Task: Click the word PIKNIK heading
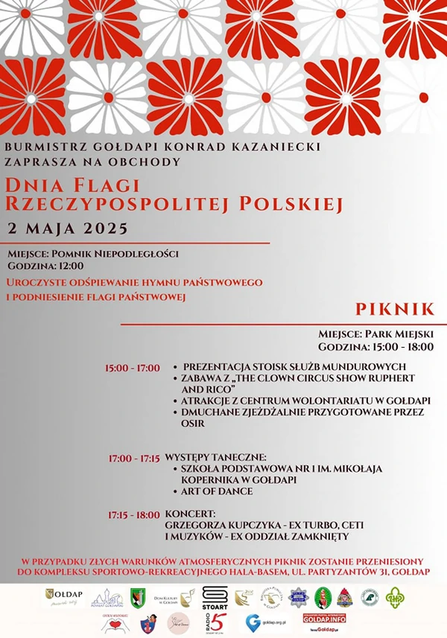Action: pos(395,308)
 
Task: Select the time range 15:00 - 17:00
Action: pos(133,368)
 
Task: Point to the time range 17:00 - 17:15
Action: pos(134,458)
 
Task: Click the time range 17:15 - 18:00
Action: pos(133,514)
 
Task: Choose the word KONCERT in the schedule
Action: pos(190,514)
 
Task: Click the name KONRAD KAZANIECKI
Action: pos(256,147)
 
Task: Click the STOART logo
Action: pos(214,596)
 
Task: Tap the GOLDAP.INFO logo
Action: pos(324,618)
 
